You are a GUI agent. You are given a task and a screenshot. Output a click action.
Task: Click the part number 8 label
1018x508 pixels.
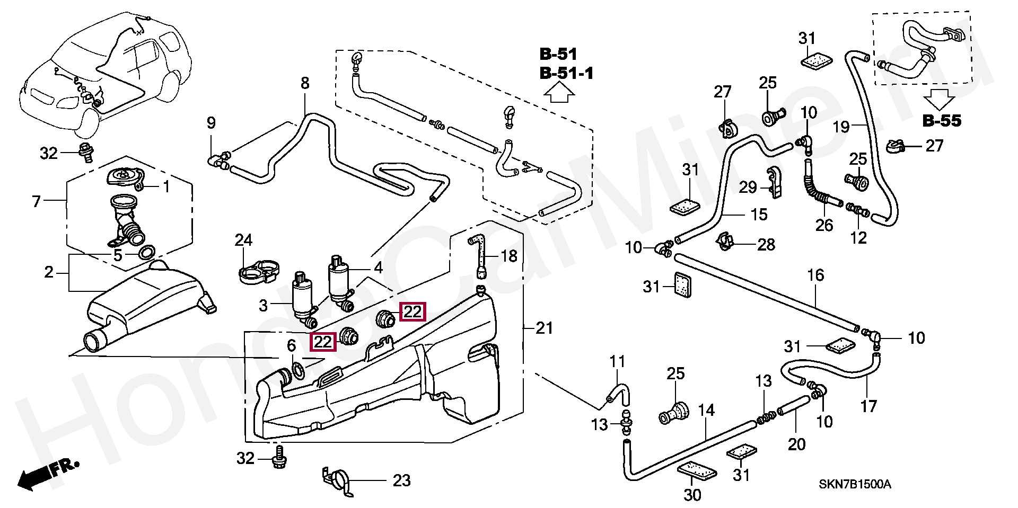coord(305,83)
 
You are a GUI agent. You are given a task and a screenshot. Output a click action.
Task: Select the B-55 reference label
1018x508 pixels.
coord(942,121)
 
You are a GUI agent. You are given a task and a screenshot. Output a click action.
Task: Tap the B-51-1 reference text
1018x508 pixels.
coord(566,73)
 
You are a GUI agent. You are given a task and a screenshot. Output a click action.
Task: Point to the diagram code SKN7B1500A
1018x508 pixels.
coord(855,485)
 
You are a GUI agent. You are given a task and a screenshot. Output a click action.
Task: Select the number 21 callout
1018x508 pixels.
coord(544,328)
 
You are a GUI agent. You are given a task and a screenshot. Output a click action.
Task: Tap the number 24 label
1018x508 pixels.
coord(243,240)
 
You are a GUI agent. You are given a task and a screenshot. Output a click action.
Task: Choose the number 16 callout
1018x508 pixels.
coord(815,275)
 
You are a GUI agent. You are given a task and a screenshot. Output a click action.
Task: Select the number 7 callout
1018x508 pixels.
coord(36,201)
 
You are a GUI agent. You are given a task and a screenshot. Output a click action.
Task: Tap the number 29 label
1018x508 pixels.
coord(748,187)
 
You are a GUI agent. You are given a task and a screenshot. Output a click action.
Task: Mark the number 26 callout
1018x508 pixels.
coord(824,225)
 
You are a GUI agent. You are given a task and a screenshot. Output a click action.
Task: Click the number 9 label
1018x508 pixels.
coord(211,123)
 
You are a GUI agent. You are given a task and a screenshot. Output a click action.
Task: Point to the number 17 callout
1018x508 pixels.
coord(868,406)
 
